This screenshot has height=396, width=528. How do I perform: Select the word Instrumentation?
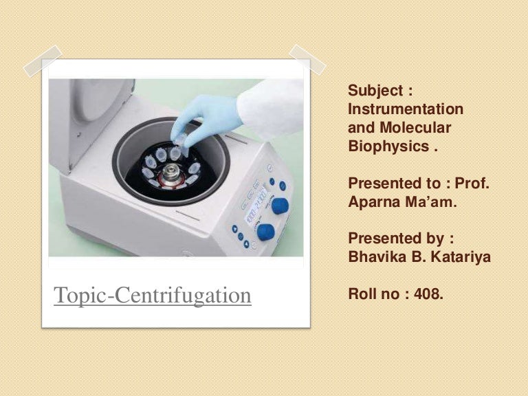pyautogui.click(x=406, y=109)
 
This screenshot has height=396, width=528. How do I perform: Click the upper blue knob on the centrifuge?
pyautogui.click(x=279, y=205)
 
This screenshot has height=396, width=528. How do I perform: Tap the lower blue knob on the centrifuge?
pyautogui.click(x=265, y=232)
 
